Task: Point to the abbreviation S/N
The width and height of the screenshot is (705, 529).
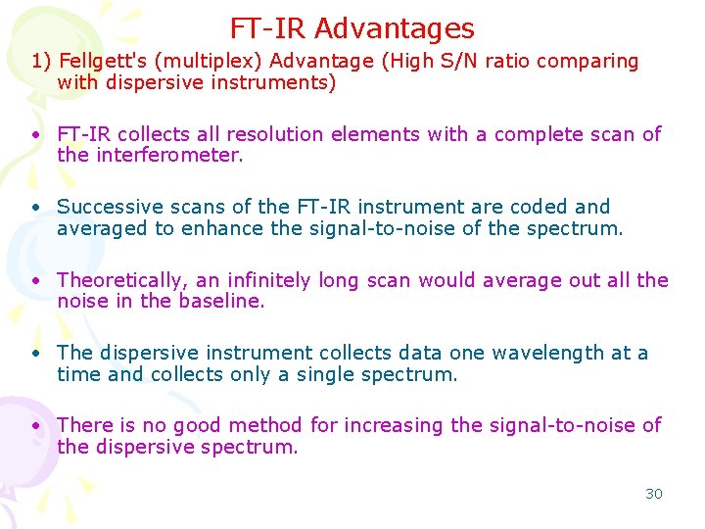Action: (x=465, y=61)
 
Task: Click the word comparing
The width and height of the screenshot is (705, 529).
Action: (x=587, y=61)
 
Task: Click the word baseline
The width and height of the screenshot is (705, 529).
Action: (x=222, y=302)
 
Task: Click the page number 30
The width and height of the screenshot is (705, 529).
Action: (x=653, y=494)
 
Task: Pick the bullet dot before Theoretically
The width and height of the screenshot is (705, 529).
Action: (x=34, y=281)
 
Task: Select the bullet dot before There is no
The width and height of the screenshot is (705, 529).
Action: (x=34, y=426)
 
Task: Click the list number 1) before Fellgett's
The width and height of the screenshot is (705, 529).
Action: (x=41, y=61)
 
